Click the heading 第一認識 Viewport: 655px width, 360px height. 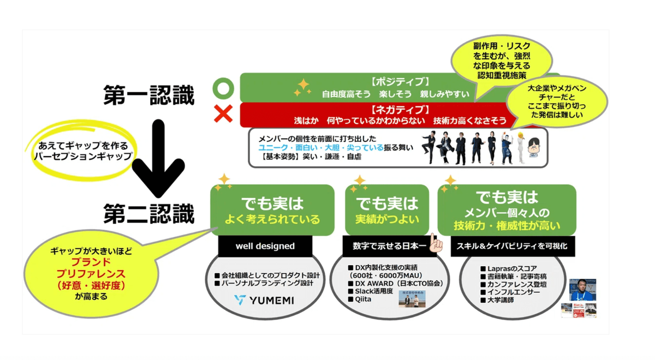149,96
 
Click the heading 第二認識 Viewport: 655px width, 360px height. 149,214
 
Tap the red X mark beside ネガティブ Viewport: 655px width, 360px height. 223,114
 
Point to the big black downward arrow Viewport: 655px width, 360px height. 158,158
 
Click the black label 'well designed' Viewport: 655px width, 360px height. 265,246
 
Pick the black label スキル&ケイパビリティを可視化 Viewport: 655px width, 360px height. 512,246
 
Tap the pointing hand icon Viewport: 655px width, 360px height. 436,243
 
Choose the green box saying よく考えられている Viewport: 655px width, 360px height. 272,210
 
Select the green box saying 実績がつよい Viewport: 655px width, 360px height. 387,210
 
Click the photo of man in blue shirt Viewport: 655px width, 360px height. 582,290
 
